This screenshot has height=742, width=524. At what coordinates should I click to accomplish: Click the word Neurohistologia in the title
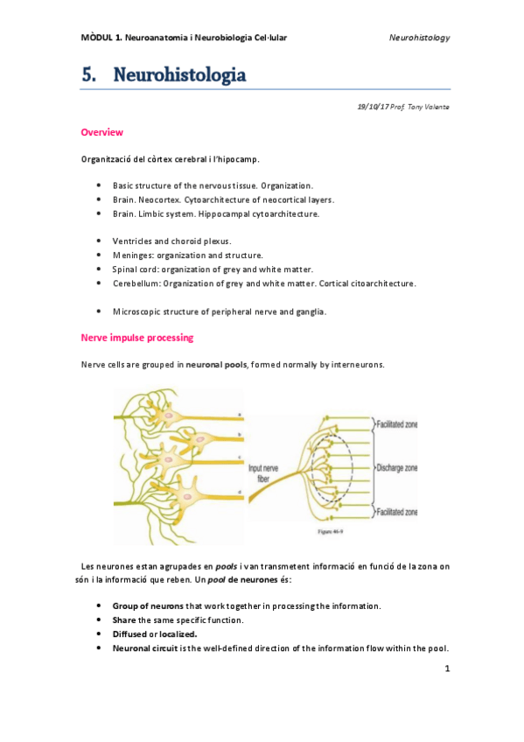(178, 76)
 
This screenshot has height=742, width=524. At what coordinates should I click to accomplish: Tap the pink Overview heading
(101, 132)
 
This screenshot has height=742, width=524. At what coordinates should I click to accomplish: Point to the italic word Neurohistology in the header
(419, 38)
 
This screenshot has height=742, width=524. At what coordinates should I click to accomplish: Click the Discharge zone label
(395, 468)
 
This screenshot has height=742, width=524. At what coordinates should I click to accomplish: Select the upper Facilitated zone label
(395, 423)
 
